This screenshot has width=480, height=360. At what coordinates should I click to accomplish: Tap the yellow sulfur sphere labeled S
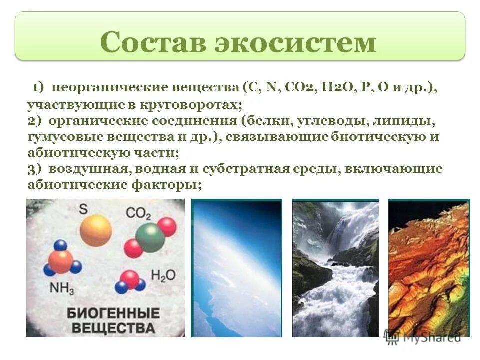pos(96,230)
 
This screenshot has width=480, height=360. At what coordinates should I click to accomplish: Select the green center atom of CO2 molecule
pos(150,238)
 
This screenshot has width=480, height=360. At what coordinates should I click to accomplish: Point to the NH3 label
pos(61,288)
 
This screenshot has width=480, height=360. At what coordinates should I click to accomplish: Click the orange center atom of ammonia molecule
pos(61,261)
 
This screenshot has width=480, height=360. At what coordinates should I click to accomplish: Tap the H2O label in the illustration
pos(161,276)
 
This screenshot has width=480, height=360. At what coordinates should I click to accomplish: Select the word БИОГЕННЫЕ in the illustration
pos(113,314)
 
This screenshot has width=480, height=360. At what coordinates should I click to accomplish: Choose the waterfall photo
pos(335,268)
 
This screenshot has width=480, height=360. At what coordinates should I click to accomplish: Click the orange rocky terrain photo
pos(428,268)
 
